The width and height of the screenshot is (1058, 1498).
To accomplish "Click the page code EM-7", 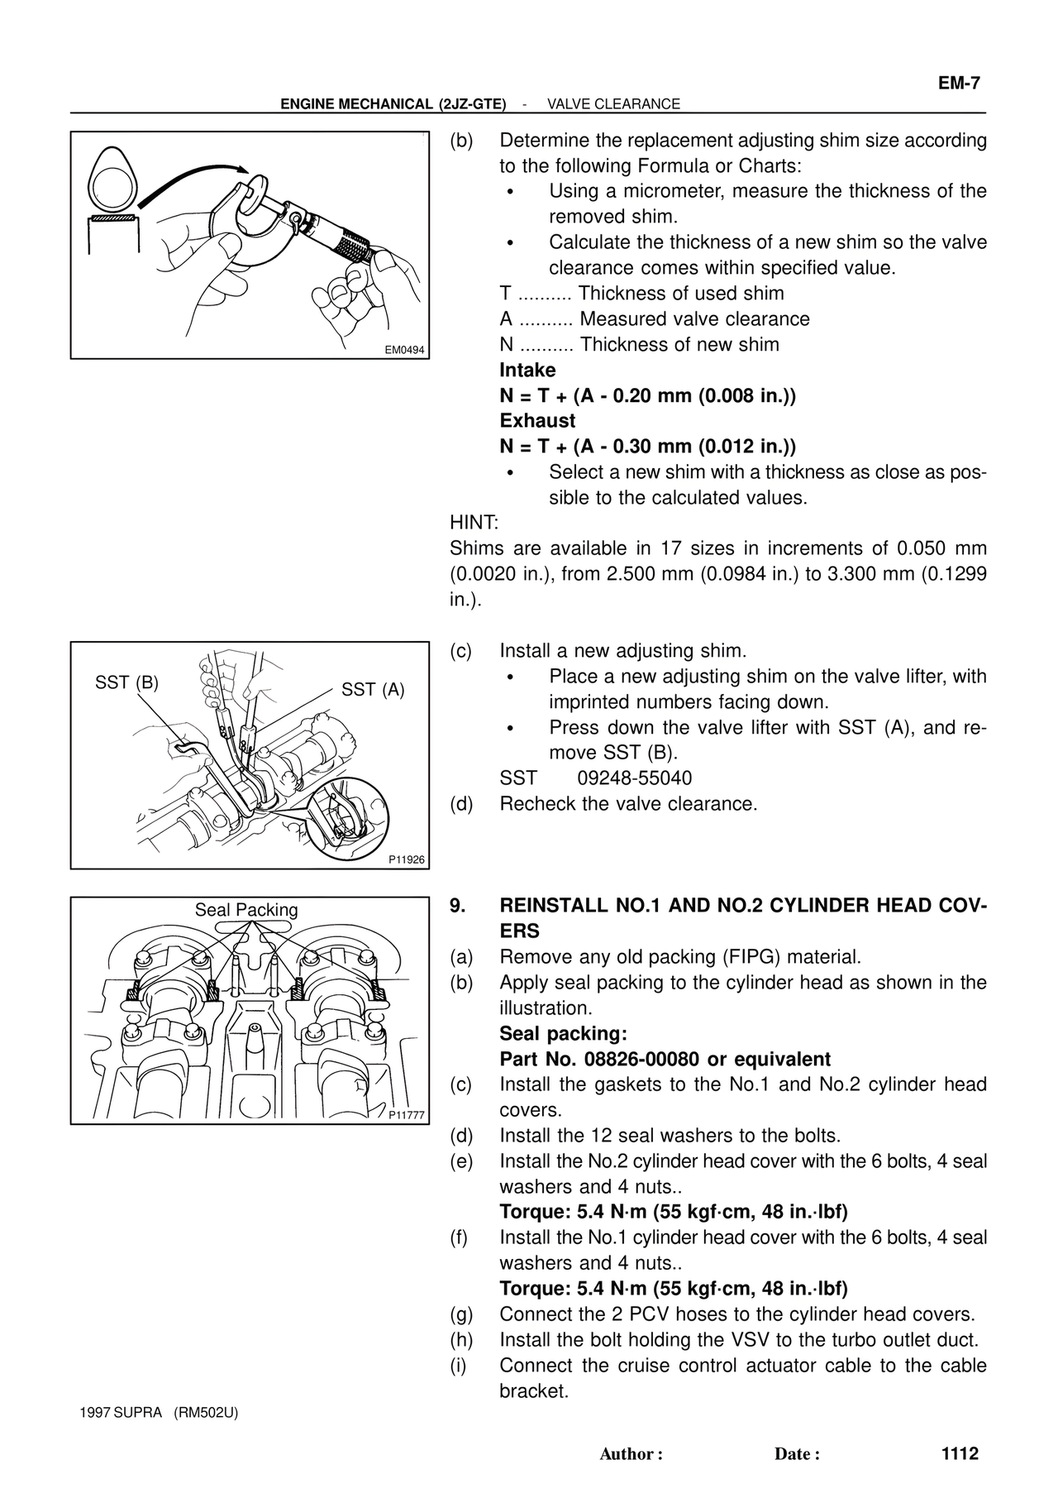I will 958,84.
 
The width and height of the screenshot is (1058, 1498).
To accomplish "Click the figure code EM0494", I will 404,350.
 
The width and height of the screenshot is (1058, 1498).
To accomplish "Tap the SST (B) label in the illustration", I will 126,683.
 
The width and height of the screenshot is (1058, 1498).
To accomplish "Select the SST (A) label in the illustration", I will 373,690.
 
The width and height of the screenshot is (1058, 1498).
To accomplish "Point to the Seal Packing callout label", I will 246,910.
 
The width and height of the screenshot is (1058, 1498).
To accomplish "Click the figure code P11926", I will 407,860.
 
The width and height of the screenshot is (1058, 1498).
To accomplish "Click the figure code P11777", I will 407,1115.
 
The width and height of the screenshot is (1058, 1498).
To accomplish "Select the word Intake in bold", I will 527,371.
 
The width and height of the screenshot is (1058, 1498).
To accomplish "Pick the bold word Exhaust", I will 537,421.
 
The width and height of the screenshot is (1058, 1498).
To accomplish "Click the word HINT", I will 474,524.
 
